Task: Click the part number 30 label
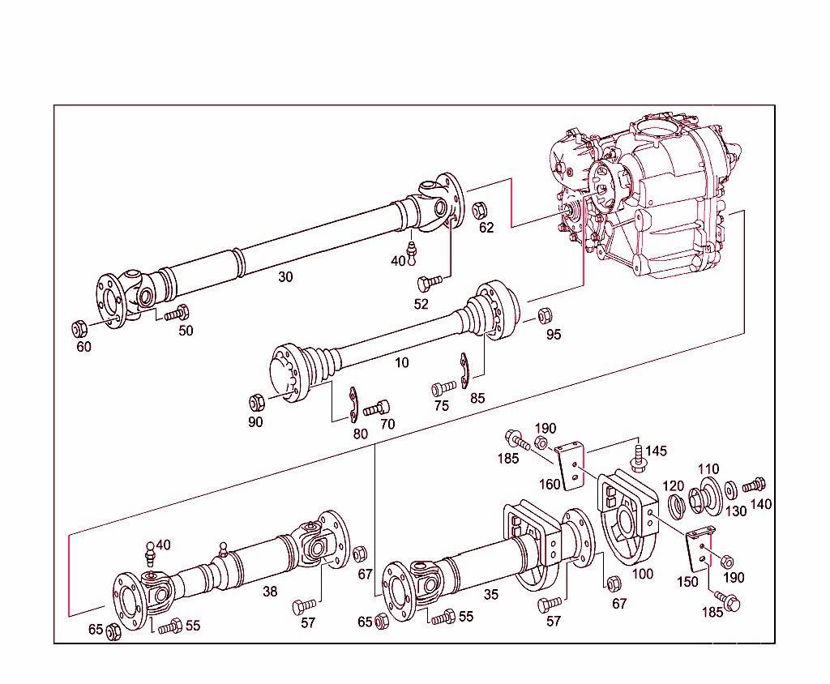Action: (285, 276)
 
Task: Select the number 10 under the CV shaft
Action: (402, 362)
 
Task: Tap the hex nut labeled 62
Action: (479, 210)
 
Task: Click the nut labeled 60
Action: (79, 329)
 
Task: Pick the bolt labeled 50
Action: (177, 313)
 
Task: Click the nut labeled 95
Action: (545, 314)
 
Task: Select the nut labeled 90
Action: (254, 401)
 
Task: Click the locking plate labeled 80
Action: (354, 405)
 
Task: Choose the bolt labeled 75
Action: (443, 387)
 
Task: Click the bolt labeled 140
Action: (753, 485)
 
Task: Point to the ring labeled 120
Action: (675, 507)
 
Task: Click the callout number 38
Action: (270, 592)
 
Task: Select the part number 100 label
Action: (643, 575)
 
